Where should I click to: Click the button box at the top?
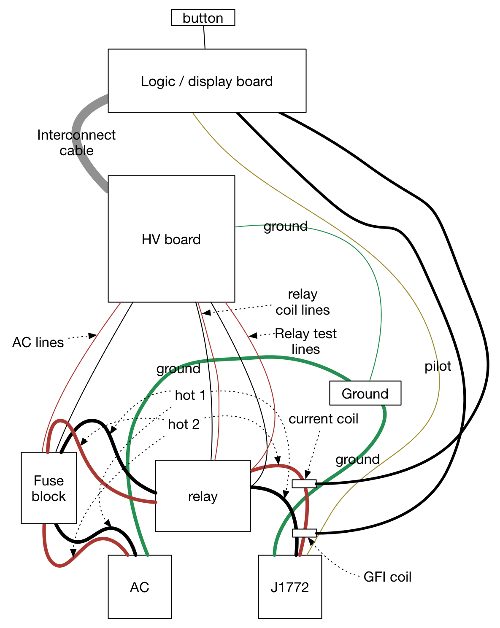tap(203, 18)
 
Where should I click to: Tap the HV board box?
tap(171, 270)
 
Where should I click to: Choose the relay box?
tap(203, 515)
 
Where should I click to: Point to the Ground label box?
tap(365, 394)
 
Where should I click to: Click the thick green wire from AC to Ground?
tap(253, 358)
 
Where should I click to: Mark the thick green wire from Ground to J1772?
tap(359, 456)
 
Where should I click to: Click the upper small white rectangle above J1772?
tap(304, 484)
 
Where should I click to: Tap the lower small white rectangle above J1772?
tap(304, 533)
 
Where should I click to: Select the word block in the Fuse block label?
tap(49, 496)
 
